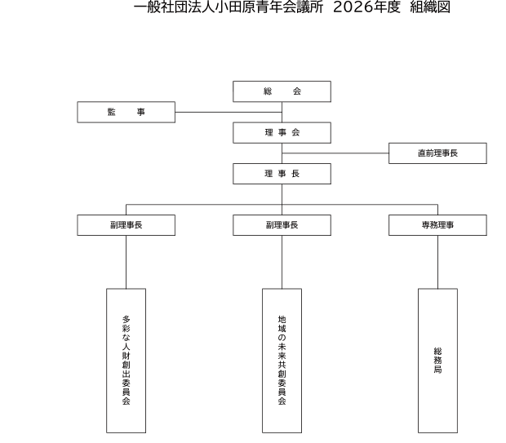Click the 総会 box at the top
pos(282,91)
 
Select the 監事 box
pos(126,112)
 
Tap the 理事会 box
pos(282,132)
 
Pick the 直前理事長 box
pos(437,153)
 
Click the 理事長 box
pos(282,174)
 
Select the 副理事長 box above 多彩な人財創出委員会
pos(126,224)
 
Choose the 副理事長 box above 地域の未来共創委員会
pos(282,224)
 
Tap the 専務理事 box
pos(437,224)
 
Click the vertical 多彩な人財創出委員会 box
pos(126,360)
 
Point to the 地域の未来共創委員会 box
pos(282,360)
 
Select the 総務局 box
pos(437,360)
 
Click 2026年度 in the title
pos(366,8)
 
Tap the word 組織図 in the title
pos(429,8)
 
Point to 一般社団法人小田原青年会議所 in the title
pos(229,8)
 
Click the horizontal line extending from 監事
pos(204,112)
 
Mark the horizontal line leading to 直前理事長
pos(335,153)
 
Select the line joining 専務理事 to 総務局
pos(437,261)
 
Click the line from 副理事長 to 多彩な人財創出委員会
pos(126,261)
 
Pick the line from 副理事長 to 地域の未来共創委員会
pos(282,261)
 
